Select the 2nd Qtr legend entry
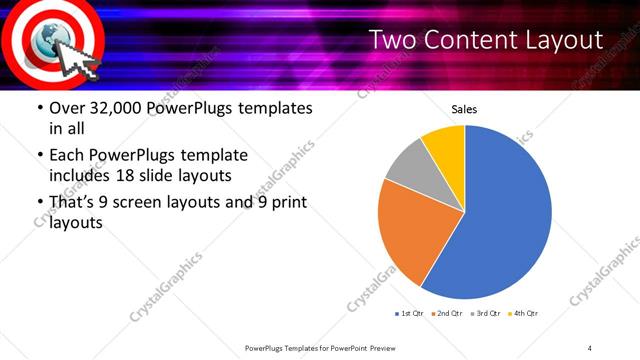point(447,313)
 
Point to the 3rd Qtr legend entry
point(486,313)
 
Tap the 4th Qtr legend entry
point(524,313)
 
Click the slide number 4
point(590,347)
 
